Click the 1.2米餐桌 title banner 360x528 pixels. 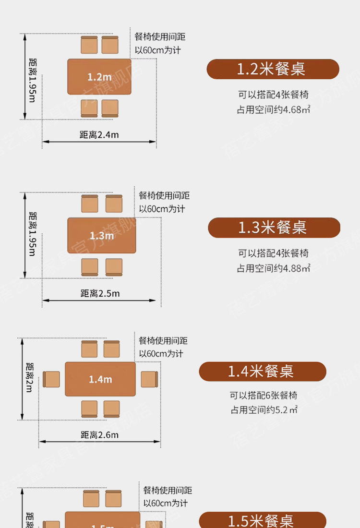click(x=273, y=69)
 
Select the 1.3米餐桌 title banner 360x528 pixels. click(x=274, y=228)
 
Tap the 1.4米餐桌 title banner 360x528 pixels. click(x=263, y=372)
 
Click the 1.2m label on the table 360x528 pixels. click(x=99, y=77)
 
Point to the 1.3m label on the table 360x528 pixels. click(x=102, y=236)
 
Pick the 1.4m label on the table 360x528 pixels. click(x=100, y=380)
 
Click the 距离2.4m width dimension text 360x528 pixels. click(x=99, y=135)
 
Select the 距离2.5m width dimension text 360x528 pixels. click(x=100, y=293)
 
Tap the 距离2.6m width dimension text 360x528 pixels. click(x=100, y=435)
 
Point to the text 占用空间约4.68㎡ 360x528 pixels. click(x=274, y=109)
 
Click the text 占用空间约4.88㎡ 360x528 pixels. click(x=274, y=268)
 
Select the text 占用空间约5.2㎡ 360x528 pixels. click(x=264, y=410)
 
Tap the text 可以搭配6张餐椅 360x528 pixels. click(x=264, y=396)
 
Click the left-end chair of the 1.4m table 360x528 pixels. click(x=51, y=379)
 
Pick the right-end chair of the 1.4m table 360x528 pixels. click(x=149, y=379)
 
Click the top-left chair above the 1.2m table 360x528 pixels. click(x=89, y=45)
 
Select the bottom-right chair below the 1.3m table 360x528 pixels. click(x=114, y=267)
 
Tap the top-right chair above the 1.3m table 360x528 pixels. click(x=114, y=204)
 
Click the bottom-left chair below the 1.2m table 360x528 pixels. click(x=89, y=108)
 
